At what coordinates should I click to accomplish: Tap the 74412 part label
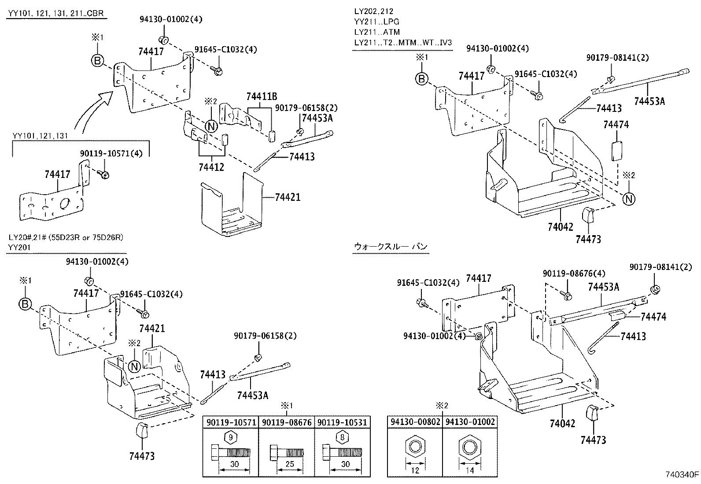[x=211, y=167]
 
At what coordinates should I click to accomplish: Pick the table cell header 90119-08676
[x=286, y=422]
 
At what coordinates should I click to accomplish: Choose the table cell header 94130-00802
[x=414, y=422]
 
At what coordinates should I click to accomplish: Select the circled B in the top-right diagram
[x=422, y=79]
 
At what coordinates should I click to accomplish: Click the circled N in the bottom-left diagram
[x=135, y=366]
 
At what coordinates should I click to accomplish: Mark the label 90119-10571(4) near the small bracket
[x=106, y=153]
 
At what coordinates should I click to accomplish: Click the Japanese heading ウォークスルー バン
[x=391, y=247]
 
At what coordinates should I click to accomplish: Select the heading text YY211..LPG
[x=376, y=22]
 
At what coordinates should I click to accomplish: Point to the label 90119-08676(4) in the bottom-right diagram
[x=574, y=273]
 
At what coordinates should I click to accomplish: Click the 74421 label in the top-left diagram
[x=288, y=197]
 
